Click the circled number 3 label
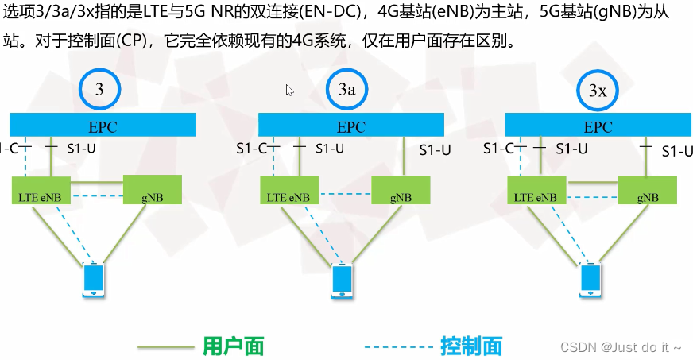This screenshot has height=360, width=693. [99, 90]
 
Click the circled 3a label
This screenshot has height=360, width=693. [346, 91]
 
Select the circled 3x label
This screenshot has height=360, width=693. [598, 91]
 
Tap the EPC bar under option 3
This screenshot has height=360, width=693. [103, 126]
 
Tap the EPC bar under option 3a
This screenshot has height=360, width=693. [351, 126]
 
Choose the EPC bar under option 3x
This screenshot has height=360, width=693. [598, 126]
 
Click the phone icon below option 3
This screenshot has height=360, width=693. [94, 281]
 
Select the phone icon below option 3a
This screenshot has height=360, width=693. [343, 281]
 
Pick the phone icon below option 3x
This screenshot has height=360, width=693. [590, 281]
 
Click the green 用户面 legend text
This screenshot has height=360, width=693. [233, 346]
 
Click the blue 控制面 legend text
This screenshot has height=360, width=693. [471, 346]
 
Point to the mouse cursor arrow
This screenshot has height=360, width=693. [289, 90]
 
